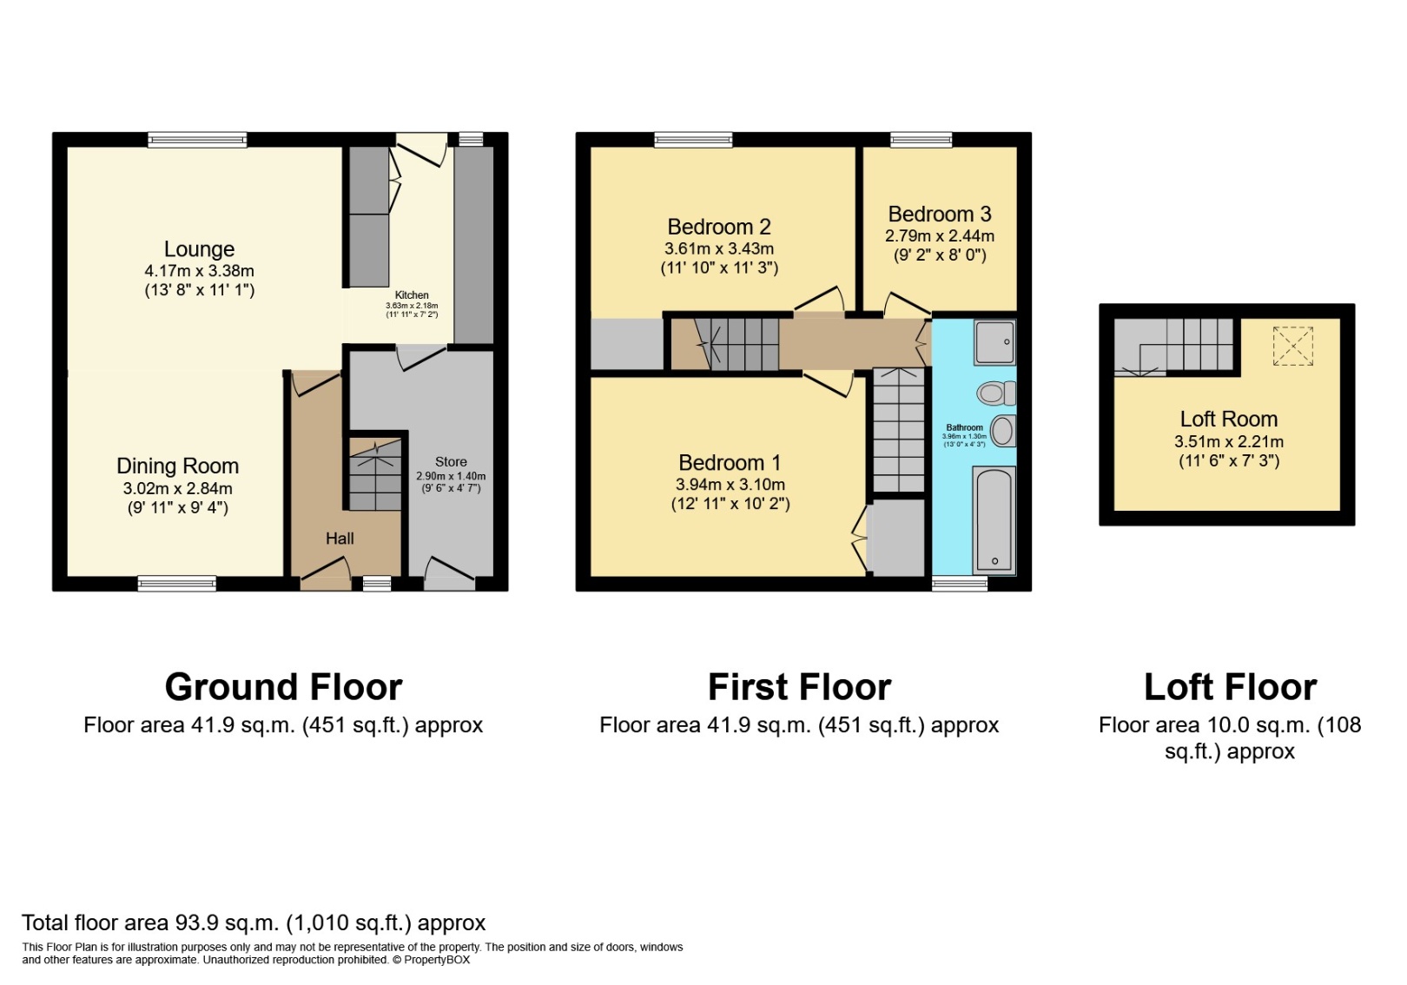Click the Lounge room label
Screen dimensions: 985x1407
tap(199, 249)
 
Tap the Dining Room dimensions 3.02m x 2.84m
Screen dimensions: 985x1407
tap(177, 488)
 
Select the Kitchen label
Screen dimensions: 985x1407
tap(412, 295)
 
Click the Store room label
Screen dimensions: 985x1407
tap(451, 462)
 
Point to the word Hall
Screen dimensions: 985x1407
tap(340, 539)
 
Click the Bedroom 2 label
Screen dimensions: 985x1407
tap(719, 227)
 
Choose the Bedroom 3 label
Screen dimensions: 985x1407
tap(939, 215)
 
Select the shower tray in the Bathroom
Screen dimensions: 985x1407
tap(994, 341)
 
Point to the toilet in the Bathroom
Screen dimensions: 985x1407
tap(994, 393)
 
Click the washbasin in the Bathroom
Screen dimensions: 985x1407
tap(1002, 430)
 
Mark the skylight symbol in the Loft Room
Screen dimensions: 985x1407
tap(1292, 346)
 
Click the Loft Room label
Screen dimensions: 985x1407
tap(1228, 420)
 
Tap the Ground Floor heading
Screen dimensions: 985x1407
tap(283, 687)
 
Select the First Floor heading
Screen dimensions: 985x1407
tap(799, 687)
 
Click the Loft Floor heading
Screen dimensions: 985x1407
tap(1230, 687)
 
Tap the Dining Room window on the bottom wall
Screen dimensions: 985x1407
tap(177, 584)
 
